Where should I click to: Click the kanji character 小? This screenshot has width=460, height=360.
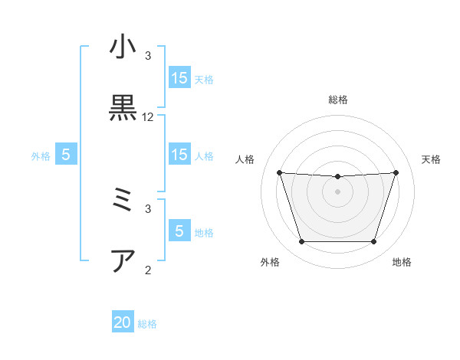point(123,47)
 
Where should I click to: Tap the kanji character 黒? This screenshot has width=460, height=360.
point(123,109)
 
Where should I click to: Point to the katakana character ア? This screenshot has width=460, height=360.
point(123,261)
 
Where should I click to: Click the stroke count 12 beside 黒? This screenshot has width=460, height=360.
point(148,117)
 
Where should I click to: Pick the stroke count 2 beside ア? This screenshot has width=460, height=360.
point(148,270)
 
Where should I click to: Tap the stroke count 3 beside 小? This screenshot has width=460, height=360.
point(148,56)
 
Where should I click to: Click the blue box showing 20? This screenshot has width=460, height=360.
point(123,322)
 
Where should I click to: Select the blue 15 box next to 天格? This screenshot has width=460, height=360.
point(179,77)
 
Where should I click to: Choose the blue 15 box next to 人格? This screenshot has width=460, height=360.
point(179,154)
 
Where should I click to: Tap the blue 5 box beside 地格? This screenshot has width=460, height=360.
point(179,231)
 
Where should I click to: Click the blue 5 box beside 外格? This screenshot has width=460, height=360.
point(66,154)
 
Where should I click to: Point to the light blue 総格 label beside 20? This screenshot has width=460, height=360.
point(147,324)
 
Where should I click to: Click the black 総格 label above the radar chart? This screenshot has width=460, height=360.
point(338,100)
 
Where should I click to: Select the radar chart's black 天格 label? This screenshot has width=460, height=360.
point(431,159)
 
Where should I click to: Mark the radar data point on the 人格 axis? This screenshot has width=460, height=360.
point(280,172)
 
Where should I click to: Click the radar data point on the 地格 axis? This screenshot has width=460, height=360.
point(374,242)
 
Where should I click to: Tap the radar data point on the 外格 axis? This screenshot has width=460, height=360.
point(301,242)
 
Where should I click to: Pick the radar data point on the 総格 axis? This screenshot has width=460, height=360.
point(338,177)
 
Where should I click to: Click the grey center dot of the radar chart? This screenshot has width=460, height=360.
point(338,191)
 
